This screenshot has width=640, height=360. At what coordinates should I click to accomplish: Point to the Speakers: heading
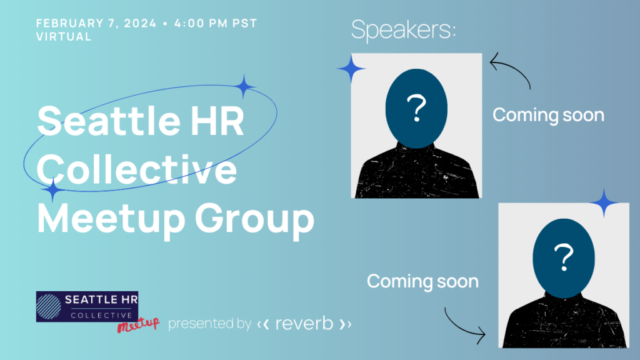tap(403, 29)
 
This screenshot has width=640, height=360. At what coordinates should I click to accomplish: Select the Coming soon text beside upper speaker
tap(548, 115)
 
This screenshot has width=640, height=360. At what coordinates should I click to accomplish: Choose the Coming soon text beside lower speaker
tap(422, 281)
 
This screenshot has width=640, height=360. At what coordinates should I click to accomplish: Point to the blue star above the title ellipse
tap(244, 87)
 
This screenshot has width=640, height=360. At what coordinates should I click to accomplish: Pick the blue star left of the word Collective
tap(54, 190)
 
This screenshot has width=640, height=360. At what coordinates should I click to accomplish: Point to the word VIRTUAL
tap(64, 36)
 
